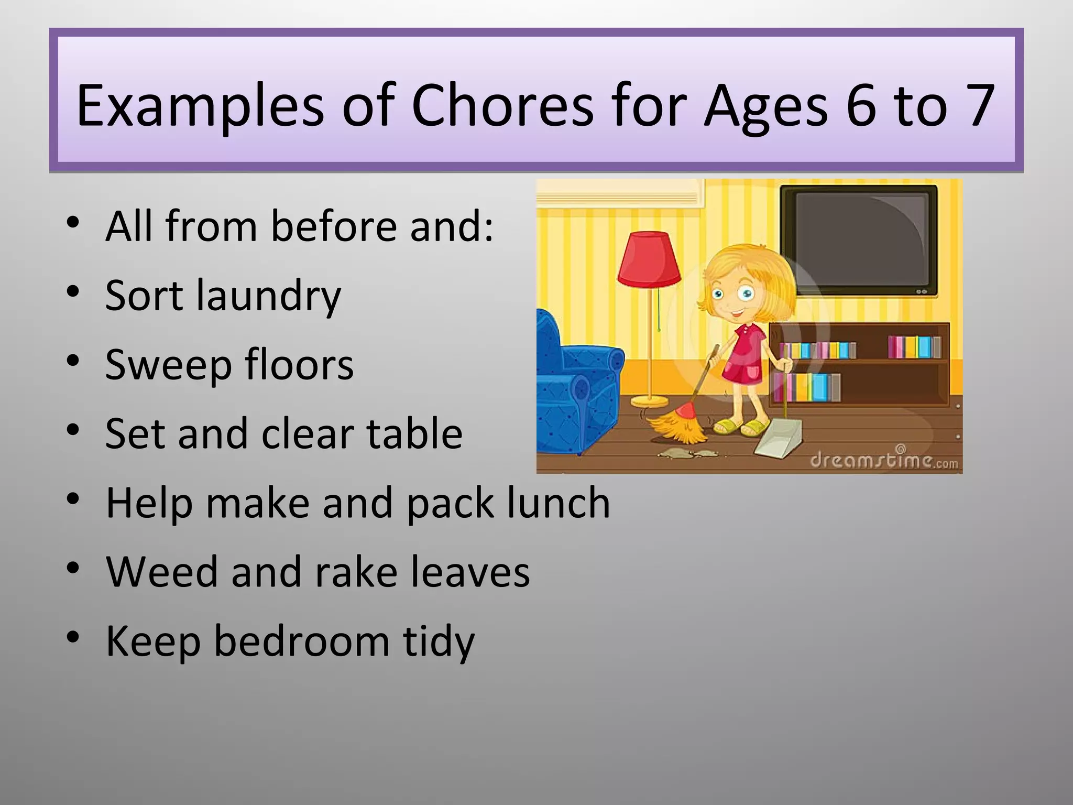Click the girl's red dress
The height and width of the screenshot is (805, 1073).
(x=744, y=356)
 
